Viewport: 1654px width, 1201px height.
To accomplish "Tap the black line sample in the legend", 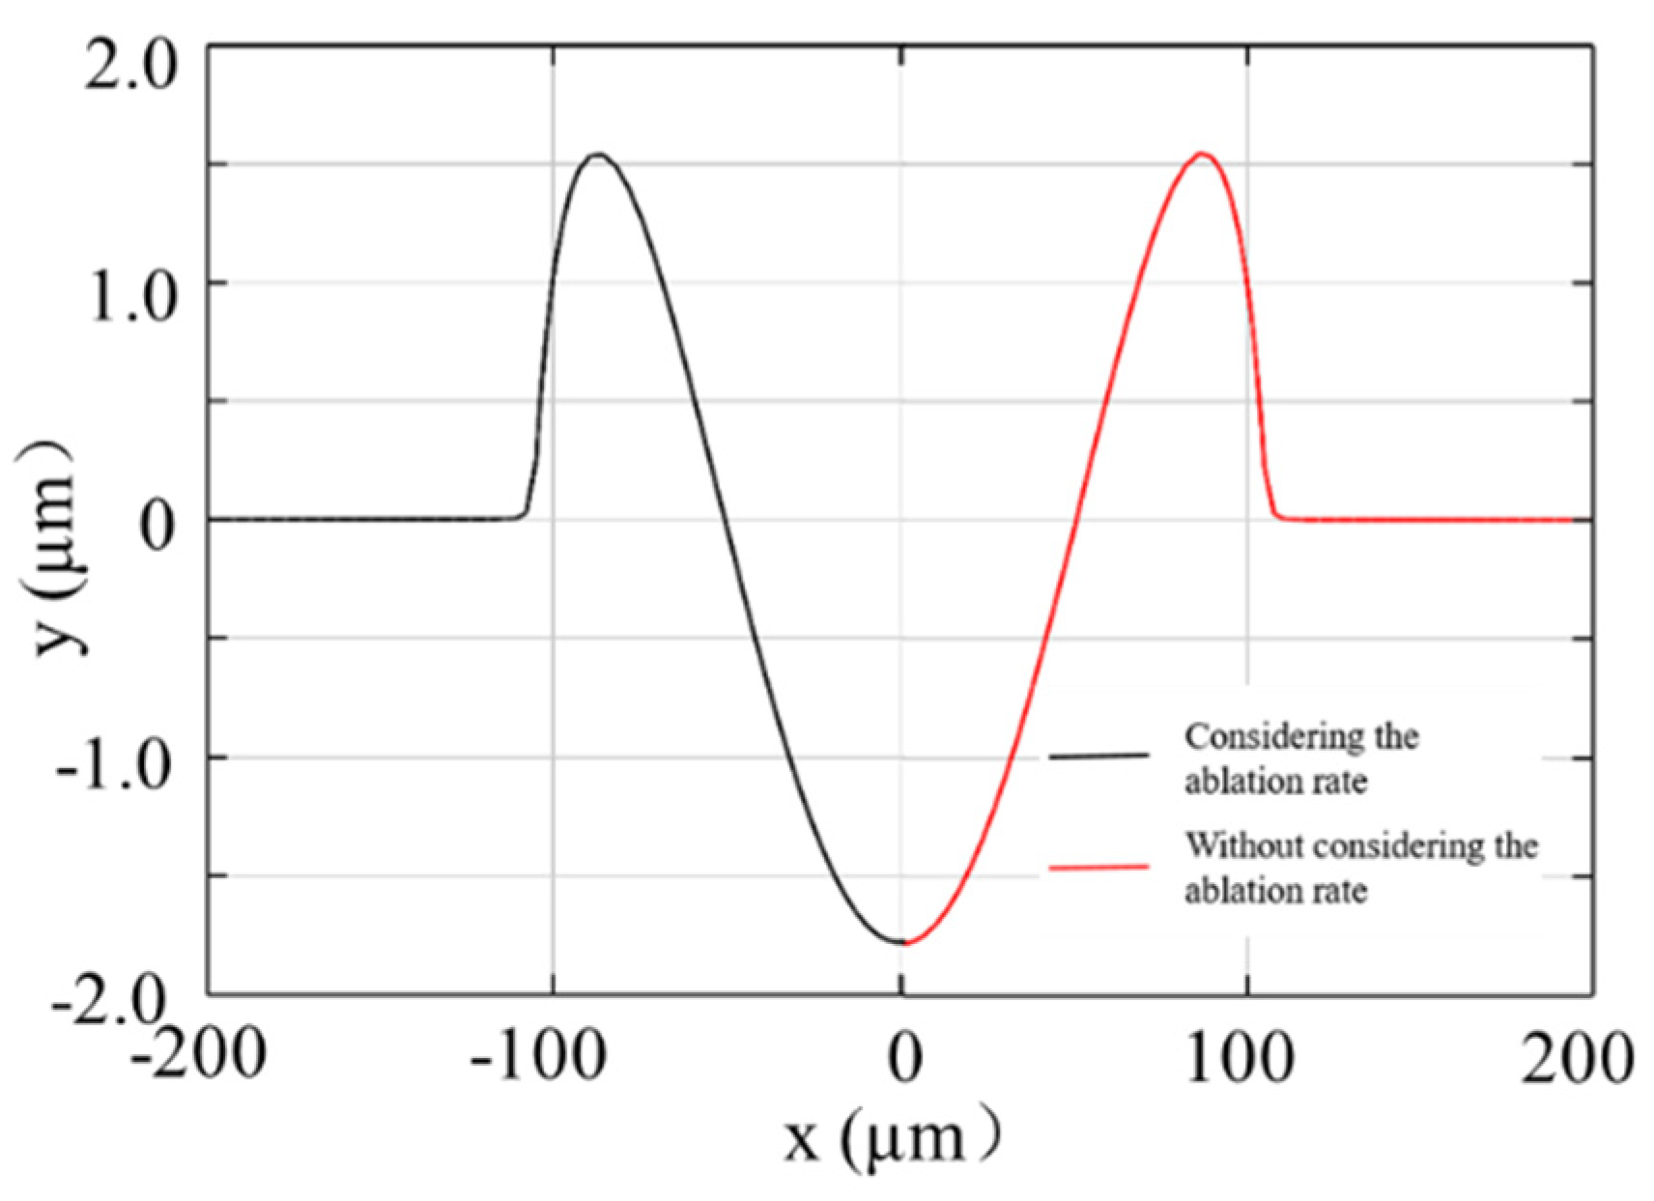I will point(1098,756).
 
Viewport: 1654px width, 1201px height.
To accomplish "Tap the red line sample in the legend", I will point(1098,867).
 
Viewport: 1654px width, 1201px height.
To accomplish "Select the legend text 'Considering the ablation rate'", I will point(1300,758).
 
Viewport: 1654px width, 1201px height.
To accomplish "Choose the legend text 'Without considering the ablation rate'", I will point(1360,867).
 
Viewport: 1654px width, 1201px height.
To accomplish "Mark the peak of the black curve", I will point(599,155).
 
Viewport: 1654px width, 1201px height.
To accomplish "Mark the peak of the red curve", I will point(1202,154).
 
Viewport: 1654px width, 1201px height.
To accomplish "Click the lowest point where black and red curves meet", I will point(902,941).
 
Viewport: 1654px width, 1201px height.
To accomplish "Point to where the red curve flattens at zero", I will point(1285,518).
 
